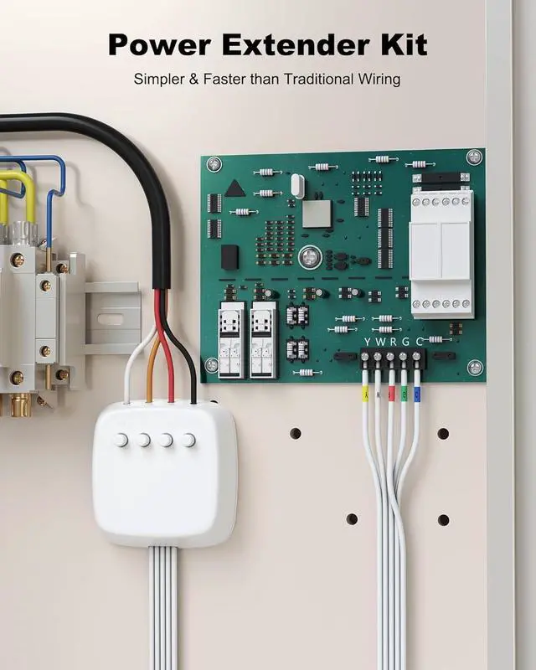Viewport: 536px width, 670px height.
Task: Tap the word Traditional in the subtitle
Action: (x=318, y=80)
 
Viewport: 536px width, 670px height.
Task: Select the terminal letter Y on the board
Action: (x=365, y=342)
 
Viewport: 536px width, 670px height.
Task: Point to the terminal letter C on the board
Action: (x=417, y=342)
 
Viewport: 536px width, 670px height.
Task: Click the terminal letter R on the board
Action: (x=391, y=342)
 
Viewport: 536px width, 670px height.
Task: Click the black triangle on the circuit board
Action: (x=234, y=188)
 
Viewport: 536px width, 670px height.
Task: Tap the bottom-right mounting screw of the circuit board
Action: (x=475, y=367)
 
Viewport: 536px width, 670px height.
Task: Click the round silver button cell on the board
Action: (x=311, y=256)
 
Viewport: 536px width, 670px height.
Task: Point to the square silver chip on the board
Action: (x=316, y=214)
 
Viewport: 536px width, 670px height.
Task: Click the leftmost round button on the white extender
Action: (x=121, y=440)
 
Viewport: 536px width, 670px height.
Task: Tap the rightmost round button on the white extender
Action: (x=189, y=440)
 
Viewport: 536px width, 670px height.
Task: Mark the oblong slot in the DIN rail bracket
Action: (x=108, y=319)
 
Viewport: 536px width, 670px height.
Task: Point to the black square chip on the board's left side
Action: (x=229, y=256)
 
